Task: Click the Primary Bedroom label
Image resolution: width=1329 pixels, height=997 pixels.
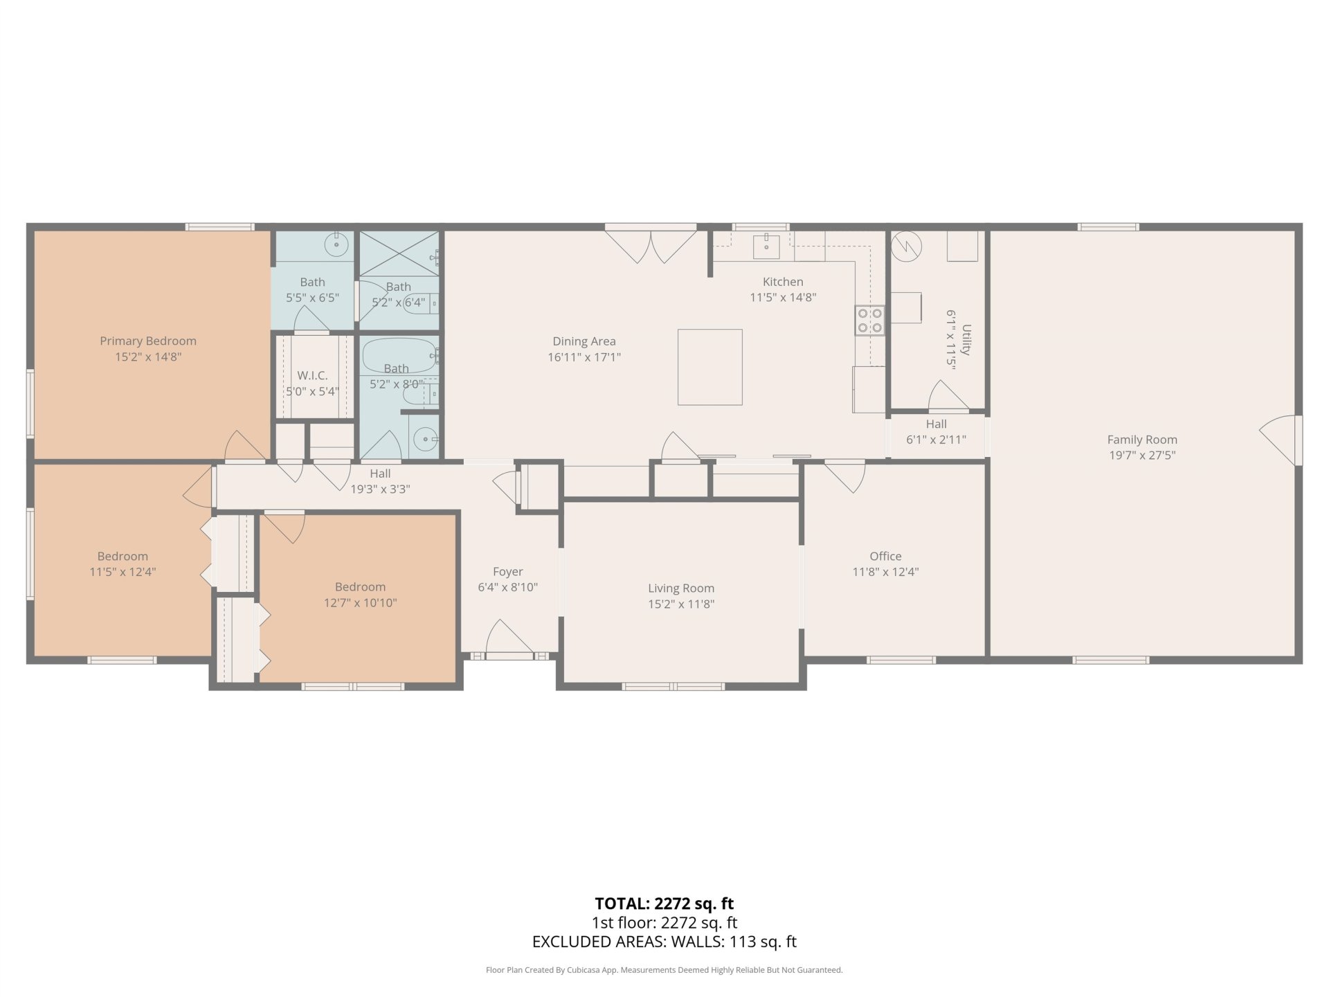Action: pyautogui.click(x=148, y=341)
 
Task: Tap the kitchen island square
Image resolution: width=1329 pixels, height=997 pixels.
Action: pyautogui.click(x=709, y=367)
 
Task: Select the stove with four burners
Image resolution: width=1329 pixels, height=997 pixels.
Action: pyautogui.click(x=870, y=320)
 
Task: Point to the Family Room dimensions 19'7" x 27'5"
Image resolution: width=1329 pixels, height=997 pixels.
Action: pyautogui.click(x=1142, y=456)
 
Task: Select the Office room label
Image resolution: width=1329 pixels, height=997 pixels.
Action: pyautogui.click(x=885, y=556)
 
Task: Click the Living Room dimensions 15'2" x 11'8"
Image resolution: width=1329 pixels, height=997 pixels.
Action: pyautogui.click(x=681, y=604)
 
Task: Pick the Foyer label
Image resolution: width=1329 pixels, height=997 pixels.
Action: pyautogui.click(x=507, y=571)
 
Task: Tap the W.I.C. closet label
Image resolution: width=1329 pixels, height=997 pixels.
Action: pyautogui.click(x=312, y=375)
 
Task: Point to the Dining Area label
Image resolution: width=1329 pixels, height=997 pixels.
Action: pyautogui.click(x=584, y=341)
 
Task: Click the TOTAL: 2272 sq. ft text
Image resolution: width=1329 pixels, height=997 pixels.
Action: pyautogui.click(x=664, y=904)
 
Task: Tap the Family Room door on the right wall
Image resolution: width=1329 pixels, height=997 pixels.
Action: pyautogui.click(x=1279, y=440)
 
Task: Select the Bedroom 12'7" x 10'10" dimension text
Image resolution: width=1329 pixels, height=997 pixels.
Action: pyautogui.click(x=360, y=602)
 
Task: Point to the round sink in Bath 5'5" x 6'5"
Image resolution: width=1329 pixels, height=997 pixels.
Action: pyautogui.click(x=337, y=243)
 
